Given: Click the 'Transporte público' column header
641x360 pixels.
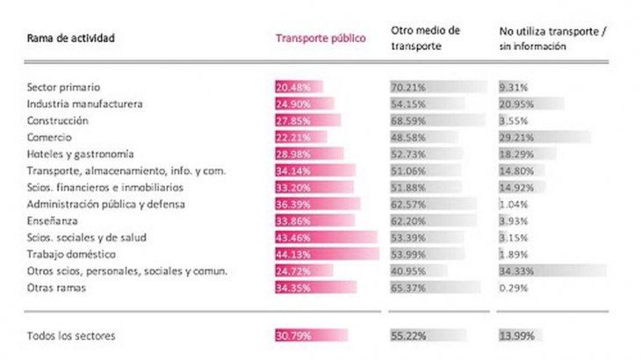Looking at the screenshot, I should point(320,39).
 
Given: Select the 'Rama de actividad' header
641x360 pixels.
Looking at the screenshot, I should point(71,39).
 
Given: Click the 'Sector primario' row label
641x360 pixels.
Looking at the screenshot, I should point(64,88).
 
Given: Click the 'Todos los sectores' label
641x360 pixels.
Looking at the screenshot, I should point(71,336).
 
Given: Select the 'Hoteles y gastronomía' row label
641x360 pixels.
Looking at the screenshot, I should point(81,155).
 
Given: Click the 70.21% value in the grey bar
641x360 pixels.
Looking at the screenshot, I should point(407,88).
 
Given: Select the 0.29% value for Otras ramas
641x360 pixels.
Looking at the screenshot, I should point(512,288).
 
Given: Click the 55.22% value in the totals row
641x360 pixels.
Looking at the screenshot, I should point(407,336).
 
